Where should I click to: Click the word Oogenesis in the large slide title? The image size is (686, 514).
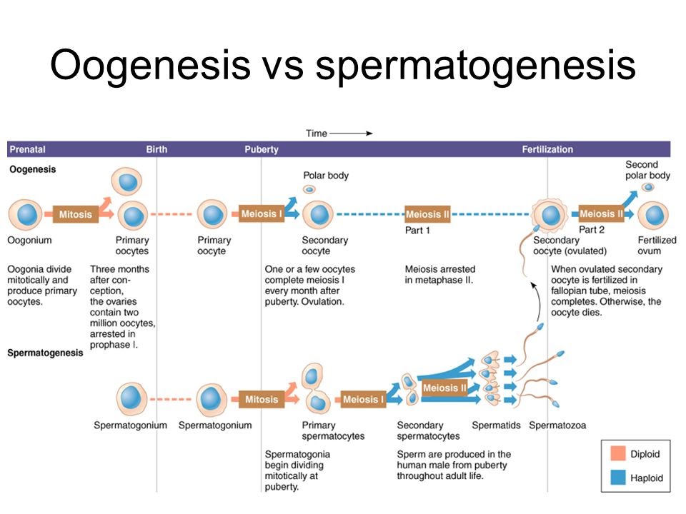pyautogui.click(x=149, y=66)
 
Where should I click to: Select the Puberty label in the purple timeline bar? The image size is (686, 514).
pyautogui.click(x=262, y=150)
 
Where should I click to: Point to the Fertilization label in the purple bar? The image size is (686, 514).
pyautogui.click(x=547, y=150)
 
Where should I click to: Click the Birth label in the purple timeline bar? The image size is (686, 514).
pyautogui.click(x=156, y=150)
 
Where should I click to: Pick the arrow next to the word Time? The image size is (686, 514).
pyautogui.click(x=352, y=133)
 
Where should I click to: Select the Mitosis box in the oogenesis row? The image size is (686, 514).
pyautogui.click(x=76, y=214)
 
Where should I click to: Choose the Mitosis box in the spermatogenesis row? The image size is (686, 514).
pyautogui.click(x=262, y=399)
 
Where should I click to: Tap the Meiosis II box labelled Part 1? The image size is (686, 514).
pyautogui.click(x=428, y=214)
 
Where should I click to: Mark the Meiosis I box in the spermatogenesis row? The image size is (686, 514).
pyautogui.click(x=363, y=399)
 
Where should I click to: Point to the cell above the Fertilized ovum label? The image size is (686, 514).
pyautogui.click(x=653, y=215)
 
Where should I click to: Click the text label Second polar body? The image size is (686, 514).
pyautogui.click(x=647, y=170)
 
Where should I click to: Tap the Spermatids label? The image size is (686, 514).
pyautogui.click(x=496, y=425)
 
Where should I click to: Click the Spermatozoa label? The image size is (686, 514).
pyautogui.click(x=557, y=425)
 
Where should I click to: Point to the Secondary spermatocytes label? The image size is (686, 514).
pyautogui.click(x=428, y=430)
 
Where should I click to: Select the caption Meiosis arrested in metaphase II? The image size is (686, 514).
pyautogui.click(x=439, y=275)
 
